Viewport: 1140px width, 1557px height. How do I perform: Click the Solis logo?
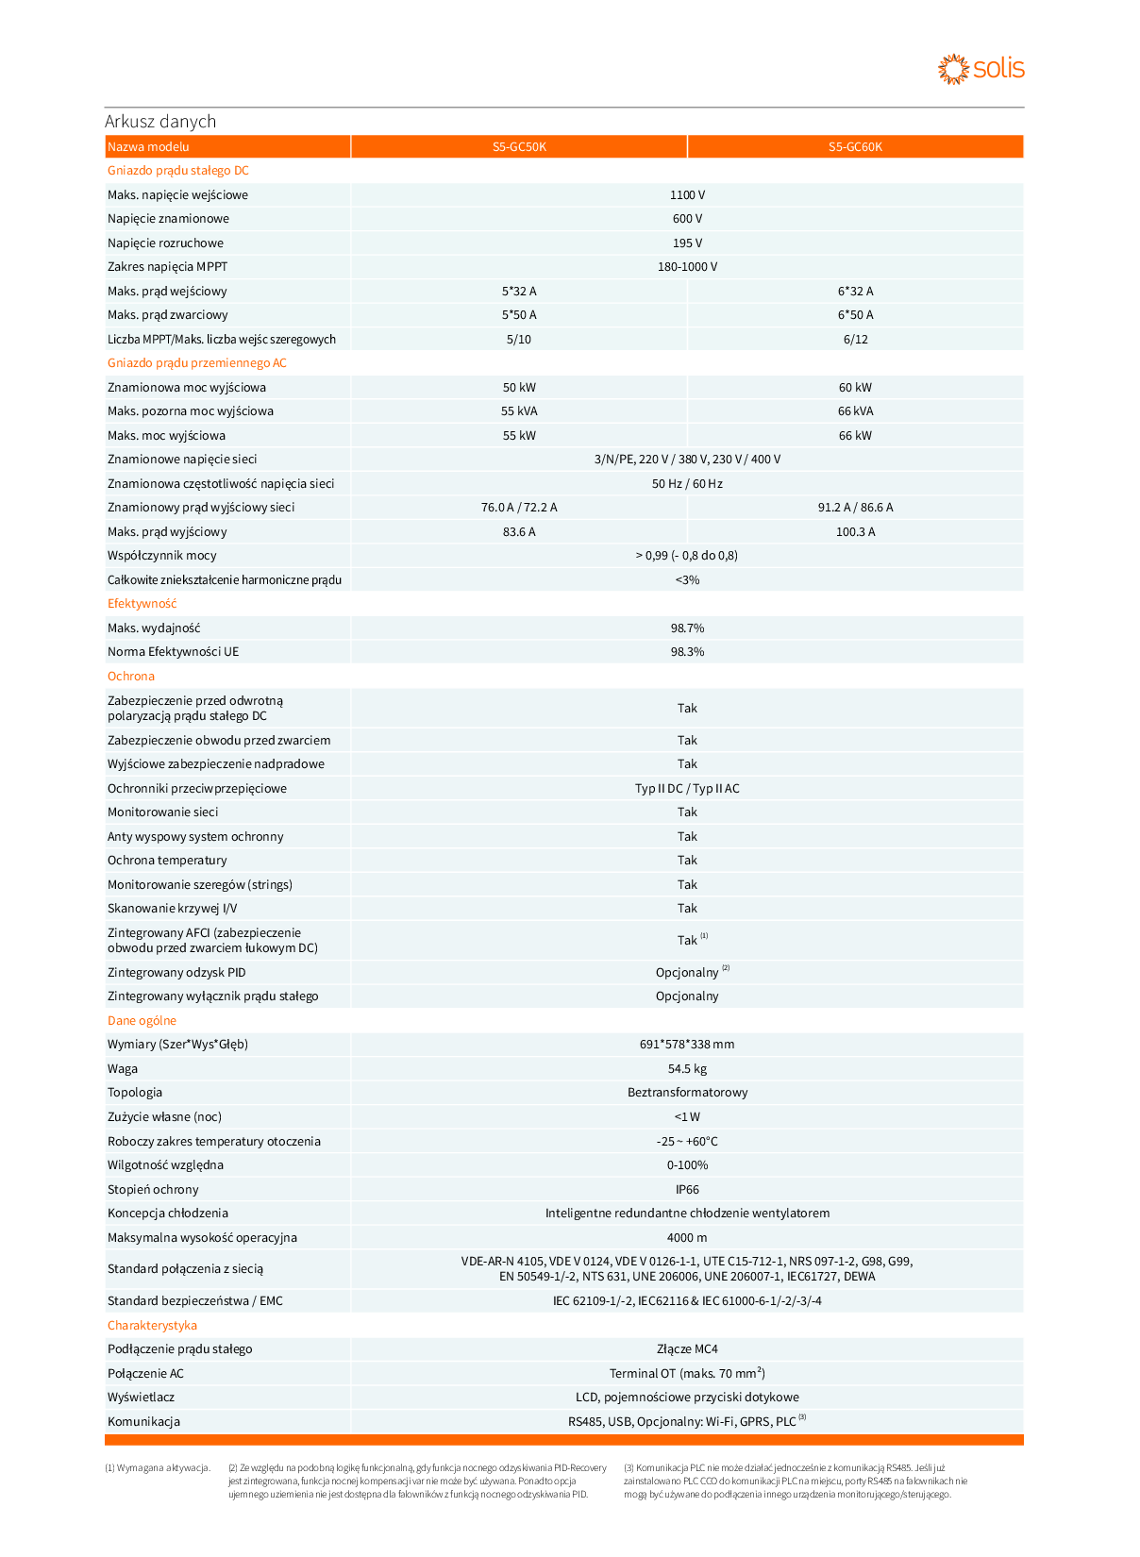(x=981, y=69)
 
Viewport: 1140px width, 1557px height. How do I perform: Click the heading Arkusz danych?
(x=160, y=122)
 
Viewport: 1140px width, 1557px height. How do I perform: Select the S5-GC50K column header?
(x=519, y=147)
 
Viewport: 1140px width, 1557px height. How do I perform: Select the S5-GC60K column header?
(x=855, y=147)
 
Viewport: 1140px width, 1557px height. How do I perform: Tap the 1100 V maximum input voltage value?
(x=687, y=195)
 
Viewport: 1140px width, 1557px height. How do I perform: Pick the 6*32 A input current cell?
(x=855, y=292)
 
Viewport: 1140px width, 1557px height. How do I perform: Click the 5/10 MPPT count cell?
(x=519, y=340)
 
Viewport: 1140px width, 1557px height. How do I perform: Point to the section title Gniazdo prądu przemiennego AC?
(x=197, y=363)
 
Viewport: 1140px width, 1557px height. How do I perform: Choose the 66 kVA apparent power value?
(x=855, y=411)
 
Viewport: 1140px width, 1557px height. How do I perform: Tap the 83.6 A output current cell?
(x=519, y=532)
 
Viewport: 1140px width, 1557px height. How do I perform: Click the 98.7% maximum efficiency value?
(x=687, y=628)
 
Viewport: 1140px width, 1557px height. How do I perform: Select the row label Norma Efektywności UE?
(x=174, y=652)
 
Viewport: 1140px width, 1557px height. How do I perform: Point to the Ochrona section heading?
(x=131, y=677)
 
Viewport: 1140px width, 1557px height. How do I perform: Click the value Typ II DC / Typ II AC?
(x=687, y=789)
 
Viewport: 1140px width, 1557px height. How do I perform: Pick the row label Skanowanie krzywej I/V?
(x=173, y=909)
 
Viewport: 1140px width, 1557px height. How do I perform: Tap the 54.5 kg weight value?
(x=687, y=1069)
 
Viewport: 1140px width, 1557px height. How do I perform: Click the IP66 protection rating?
(x=687, y=1190)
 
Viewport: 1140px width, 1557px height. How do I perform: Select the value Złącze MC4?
(x=687, y=1349)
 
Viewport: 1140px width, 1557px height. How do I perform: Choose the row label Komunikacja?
(x=143, y=1422)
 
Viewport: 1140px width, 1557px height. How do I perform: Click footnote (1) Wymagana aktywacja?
(x=158, y=1468)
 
